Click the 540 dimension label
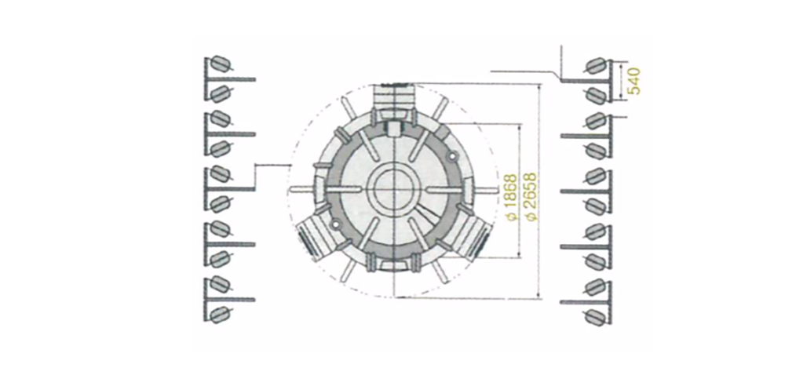tap(633, 81)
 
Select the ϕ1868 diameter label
tap(511, 197)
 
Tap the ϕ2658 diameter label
tap(531, 197)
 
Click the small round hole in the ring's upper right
tap(454, 157)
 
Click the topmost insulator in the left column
tap(219, 64)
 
